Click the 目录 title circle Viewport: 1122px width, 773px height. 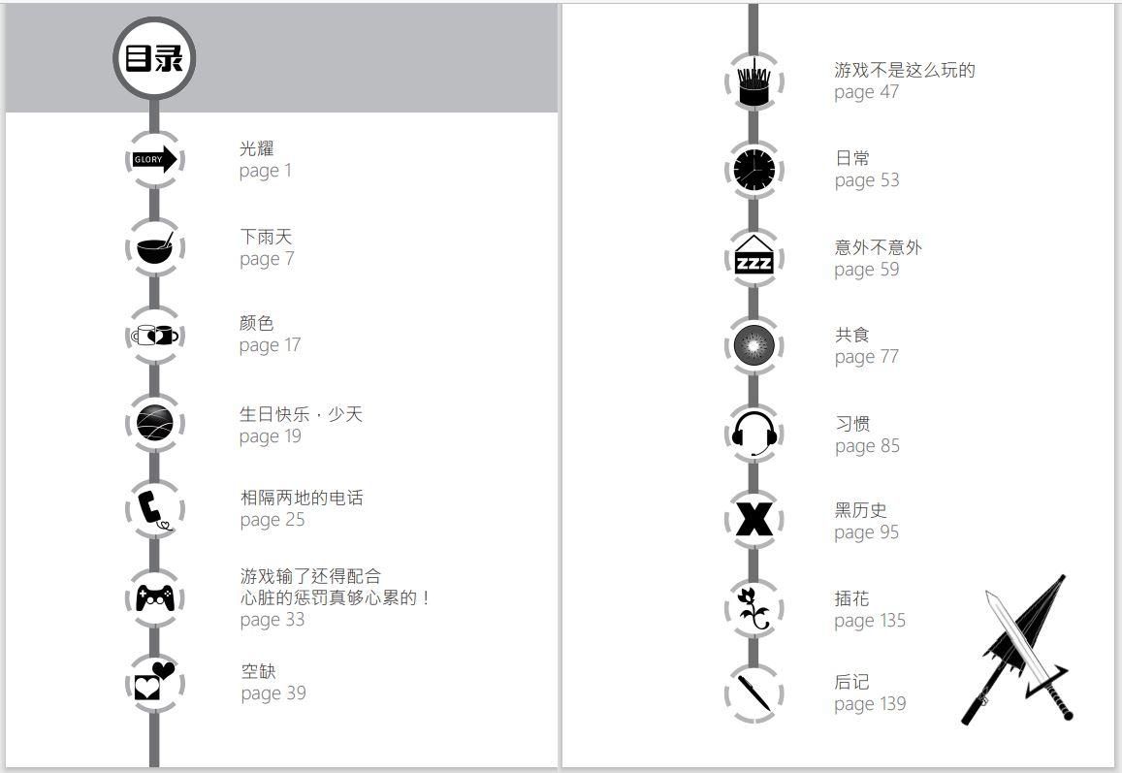point(154,58)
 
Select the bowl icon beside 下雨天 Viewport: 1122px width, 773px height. point(154,247)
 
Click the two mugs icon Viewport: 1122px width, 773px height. point(154,335)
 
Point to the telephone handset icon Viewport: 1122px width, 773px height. point(153,509)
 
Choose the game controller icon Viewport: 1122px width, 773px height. point(155,597)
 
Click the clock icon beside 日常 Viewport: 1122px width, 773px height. point(753,170)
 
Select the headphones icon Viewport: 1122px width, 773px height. point(754,434)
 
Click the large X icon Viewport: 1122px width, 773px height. point(754,520)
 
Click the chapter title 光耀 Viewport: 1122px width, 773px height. point(257,148)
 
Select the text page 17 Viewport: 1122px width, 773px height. point(270,345)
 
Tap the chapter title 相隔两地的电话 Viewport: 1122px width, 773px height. point(302,498)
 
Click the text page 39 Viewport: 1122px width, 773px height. point(273,693)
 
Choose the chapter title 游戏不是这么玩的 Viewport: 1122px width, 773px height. point(905,70)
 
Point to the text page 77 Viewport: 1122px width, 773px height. point(867,357)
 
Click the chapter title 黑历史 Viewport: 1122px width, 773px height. point(861,510)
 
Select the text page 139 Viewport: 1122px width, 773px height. point(870,705)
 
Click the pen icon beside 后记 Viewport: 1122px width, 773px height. point(754,692)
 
